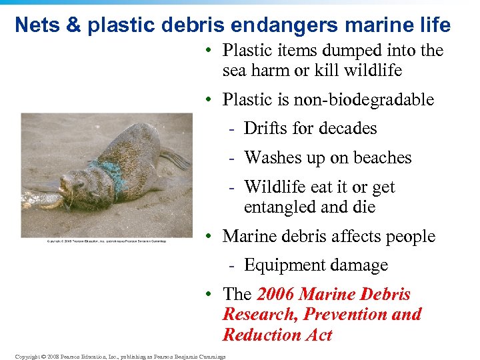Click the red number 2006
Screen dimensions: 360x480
(276, 295)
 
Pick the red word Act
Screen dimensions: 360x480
(318, 335)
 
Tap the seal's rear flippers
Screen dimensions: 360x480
(175, 159)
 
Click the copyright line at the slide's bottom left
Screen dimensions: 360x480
(120, 356)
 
